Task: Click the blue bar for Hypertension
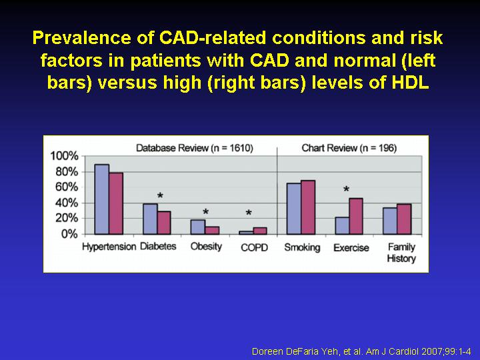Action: [x=101, y=199]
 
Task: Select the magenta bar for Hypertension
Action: [x=116, y=203]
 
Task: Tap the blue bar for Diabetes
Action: [x=150, y=219]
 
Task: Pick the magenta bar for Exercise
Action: [x=356, y=216]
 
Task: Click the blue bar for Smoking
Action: [x=293, y=209]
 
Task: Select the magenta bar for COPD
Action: [x=260, y=231]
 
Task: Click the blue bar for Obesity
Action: [x=197, y=227]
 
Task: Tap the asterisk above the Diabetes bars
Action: [x=160, y=197]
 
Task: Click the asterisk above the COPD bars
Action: [x=249, y=214]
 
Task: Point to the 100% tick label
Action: [x=65, y=156]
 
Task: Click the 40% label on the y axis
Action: [x=67, y=203]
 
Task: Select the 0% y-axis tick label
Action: [x=70, y=234]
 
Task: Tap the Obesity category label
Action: [x=206, y=247]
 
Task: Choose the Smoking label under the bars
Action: [x=302, y=247]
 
